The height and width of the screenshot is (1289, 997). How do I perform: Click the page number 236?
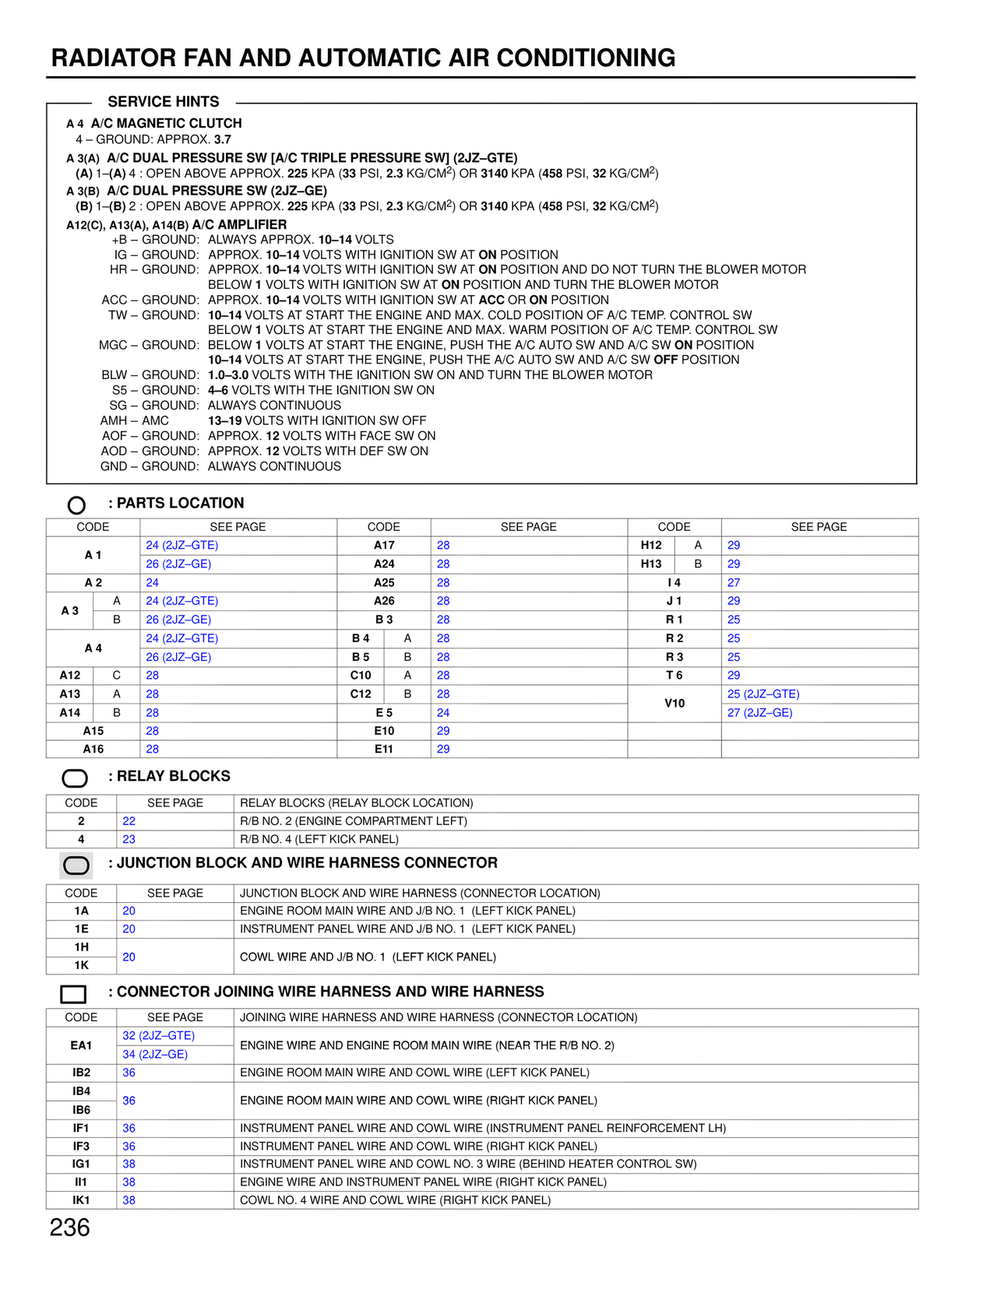[69, 1228]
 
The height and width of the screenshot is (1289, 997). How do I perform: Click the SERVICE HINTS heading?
[164, 102]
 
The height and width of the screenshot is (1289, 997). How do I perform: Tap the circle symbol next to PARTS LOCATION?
[76, 505]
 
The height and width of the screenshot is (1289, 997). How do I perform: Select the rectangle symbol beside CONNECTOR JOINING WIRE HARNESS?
[73, 994]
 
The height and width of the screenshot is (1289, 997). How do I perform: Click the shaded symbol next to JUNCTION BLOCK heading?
[76, 865]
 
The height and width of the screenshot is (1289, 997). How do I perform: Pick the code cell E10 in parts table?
[384, 731]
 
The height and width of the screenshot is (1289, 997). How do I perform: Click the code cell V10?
[675, 703]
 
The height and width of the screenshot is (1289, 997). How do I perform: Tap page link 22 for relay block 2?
[129, 821]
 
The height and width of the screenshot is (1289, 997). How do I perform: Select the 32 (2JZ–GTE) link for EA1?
[159, 1035]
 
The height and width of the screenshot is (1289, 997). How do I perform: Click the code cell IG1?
[81, 1164]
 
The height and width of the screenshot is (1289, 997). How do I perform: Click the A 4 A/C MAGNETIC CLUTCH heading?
[154, 123]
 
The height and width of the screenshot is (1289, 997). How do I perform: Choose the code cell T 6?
[675, 676]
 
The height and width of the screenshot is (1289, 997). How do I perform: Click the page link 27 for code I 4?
[734, 582]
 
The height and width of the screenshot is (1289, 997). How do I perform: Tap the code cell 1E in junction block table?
[81, 929]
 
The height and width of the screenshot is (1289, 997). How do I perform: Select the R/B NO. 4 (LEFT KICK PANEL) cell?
[319, 839]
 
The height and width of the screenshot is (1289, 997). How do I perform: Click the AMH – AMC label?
[135, 420]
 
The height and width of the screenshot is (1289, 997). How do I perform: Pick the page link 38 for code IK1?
[129, 1200]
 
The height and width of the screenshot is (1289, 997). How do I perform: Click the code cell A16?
[93, 749]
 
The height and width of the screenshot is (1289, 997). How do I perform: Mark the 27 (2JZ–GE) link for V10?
[760, 712]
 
